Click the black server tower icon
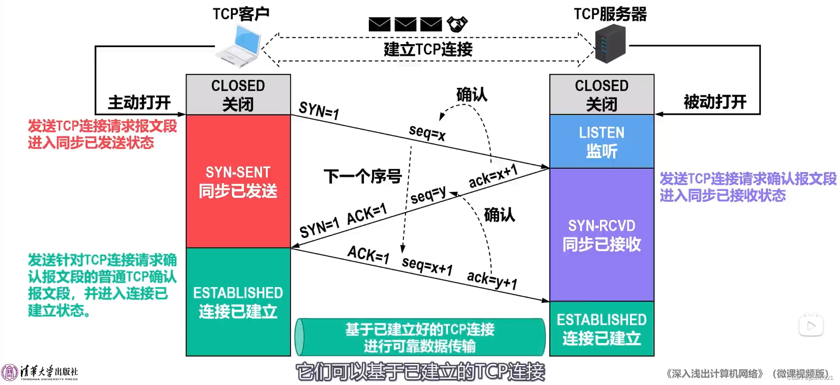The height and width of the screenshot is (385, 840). click(610, 44)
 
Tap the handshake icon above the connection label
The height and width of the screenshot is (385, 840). click(457, 24)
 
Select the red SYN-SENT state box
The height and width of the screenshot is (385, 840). click(238, 181)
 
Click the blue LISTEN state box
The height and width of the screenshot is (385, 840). click(602, 142)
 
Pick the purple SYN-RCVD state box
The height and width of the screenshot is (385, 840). click(602, 235)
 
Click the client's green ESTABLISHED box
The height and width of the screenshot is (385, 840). click(238, 302)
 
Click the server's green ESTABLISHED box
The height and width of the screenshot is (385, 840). click(602, 329)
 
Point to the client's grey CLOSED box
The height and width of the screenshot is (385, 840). click(238, 94)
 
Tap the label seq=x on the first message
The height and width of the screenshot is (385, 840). click(427, 132)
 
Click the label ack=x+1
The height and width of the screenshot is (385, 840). click(493, 176)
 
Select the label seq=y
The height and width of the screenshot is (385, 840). click(428, 194)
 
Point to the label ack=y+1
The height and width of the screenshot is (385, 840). click(492, 280)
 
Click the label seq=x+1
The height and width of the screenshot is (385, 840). click(427, 265)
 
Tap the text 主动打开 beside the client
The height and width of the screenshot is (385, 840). click(139, 103)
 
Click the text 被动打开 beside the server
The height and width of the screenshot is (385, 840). click(715, 102)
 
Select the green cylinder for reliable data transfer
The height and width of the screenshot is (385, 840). click(420, 337)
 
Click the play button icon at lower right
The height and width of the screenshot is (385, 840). click(811, 326)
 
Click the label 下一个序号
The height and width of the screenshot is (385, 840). click(362, 177)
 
